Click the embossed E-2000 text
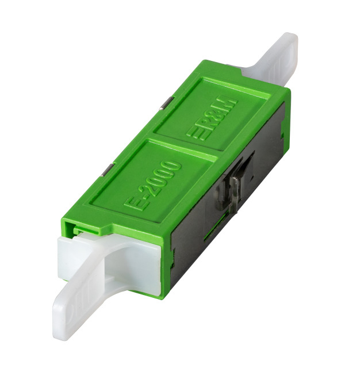point(153,185)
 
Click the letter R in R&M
point(208,122)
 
